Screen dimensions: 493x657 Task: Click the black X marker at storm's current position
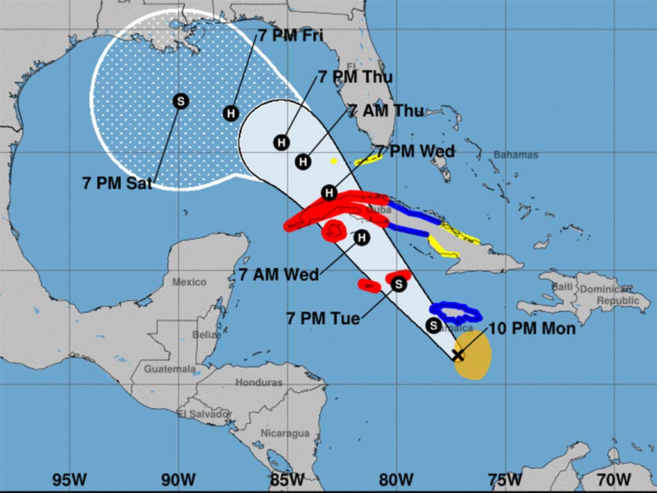458,355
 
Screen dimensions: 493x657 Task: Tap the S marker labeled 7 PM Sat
181,101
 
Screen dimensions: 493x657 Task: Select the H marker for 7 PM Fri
231,113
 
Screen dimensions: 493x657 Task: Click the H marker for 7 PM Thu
281,142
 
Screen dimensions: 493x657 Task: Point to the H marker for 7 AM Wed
362,238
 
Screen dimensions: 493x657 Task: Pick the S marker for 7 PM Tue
399,283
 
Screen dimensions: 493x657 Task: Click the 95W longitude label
69,480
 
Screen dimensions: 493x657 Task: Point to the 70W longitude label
613,480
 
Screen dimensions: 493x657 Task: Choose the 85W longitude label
287,480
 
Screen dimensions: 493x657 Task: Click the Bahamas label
516,155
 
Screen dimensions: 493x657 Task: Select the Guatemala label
169,369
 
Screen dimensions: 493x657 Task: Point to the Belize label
207,334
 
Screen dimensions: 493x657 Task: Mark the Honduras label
259,383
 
